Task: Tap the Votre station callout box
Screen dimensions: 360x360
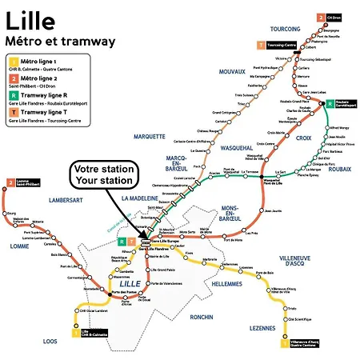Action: coord(104,175)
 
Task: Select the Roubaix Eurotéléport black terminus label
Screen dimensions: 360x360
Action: coord(343,104)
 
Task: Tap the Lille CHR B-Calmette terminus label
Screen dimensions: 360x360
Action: coord(94,334)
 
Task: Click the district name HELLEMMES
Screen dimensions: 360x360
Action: coord(226,283)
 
